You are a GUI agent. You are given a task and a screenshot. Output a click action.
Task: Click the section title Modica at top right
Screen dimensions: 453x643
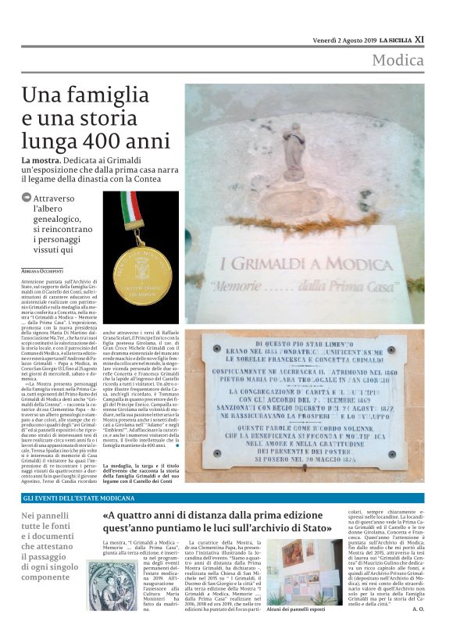[398, 61]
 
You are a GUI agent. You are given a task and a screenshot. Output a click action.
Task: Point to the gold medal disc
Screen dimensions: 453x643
[141, 275]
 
